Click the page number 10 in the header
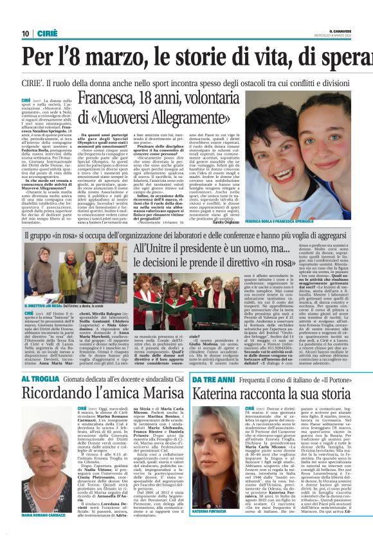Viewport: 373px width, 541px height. click(25, 33)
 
